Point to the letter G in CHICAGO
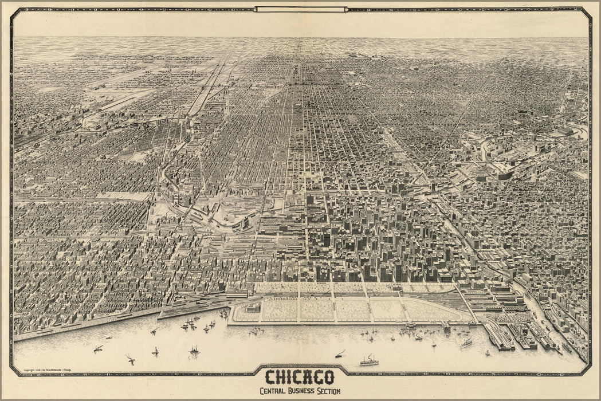click(x=315, y=378)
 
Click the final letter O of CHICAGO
click(x=328, y=378)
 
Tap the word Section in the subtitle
click(x=328, y=391)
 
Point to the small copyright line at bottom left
click(x=47, y=369)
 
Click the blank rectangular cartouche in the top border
click(x=301, y=9)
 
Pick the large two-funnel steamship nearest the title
click(x=369, y=361)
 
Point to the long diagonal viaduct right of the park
click(x=466, y=302)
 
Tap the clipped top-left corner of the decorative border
click(x=13, y=11)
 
